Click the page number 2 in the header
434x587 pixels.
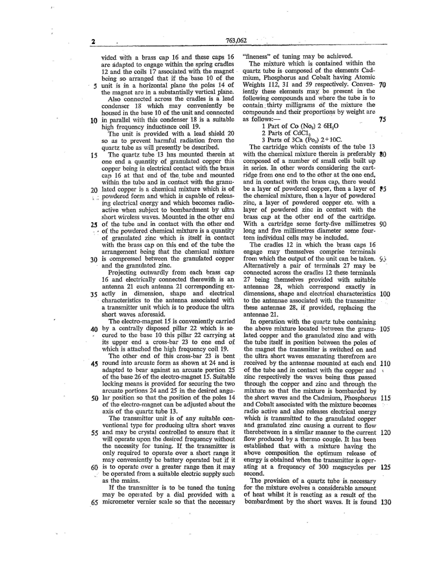tap(92, 41)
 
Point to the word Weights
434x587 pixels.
tap(255, 84)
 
